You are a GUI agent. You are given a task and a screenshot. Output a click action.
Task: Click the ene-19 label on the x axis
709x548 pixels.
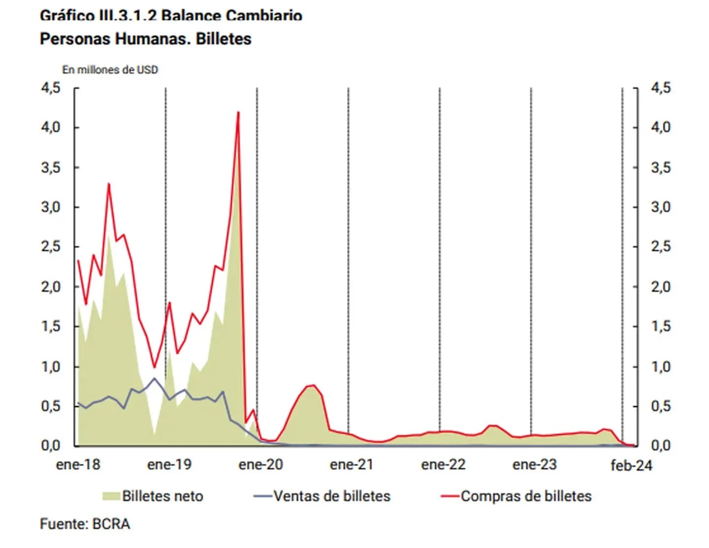[x=169, y=464]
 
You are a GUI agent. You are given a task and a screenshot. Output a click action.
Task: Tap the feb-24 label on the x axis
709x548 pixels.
[x=631, y=465]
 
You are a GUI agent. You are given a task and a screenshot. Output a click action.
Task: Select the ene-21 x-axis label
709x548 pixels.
[x=352, y=464]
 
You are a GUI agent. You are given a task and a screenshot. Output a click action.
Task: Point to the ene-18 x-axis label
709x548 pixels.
[x=78, y=464]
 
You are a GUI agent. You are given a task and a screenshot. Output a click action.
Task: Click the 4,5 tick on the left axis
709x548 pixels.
[x=51, y=88]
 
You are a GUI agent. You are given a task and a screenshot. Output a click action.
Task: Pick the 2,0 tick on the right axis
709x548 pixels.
[x=661, y=287]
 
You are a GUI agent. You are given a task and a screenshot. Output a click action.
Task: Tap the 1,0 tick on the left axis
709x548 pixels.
[x=51, y=367]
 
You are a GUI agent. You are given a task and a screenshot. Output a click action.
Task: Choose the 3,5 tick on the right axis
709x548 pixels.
[x=661, y=167]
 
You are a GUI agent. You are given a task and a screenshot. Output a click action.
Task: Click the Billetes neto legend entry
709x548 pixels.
[x=162, y=496]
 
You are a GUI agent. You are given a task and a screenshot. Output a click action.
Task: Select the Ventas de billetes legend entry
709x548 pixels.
[x=331, y=496]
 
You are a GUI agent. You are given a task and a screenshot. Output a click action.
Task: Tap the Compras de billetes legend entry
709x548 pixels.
[x=525, y=496]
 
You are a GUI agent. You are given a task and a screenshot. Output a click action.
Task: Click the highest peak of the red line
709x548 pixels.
[x=238, y=112]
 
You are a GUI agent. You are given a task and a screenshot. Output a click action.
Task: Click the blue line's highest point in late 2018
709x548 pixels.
[x=155, y=378]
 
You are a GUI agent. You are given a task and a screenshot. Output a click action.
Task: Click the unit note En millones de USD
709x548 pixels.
[x=110, y=70]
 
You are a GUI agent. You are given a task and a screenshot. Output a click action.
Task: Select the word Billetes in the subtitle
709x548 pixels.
[x=224, y=39]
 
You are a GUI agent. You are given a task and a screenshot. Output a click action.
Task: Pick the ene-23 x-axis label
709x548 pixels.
[x=534, y=464]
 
